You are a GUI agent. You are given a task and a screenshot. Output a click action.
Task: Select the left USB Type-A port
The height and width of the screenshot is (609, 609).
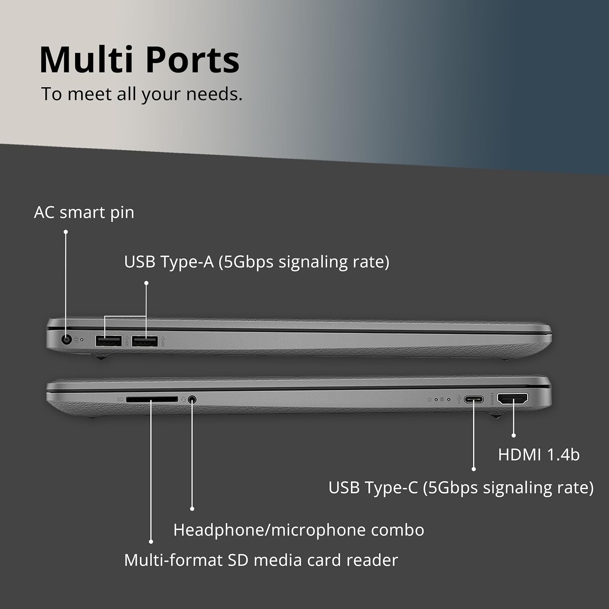(x=108, y=341)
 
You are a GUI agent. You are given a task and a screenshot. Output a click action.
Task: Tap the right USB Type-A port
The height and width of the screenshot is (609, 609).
(x=145, y=341)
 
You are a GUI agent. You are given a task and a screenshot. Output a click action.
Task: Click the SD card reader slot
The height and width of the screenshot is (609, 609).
(x=152, y=400)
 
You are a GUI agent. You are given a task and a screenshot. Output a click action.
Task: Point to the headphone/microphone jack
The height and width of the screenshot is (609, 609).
(x=192, y=400)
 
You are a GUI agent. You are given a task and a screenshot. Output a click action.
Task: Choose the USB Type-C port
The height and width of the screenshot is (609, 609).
(x=474, y=400)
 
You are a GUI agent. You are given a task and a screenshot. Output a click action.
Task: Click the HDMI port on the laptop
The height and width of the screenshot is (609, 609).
(x=513, y=399)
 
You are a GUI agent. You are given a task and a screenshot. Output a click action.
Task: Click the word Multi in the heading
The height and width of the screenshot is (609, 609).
(x=86, y=60)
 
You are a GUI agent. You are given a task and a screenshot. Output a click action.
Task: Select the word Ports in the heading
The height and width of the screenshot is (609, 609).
(x=192, y=60)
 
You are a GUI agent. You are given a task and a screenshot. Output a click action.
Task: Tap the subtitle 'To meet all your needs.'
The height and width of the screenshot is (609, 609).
(x=142, y=94)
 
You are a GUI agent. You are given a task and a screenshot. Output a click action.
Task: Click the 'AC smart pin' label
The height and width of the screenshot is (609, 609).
(x=84, y=212)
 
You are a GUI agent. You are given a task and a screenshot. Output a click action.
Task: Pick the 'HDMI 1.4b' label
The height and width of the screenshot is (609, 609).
(x=539, y=455)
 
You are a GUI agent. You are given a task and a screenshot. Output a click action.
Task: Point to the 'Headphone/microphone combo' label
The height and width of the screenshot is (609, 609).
(x=299, y=530)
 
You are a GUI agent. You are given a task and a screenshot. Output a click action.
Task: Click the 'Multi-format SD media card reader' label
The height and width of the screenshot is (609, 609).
(x=261, y=560)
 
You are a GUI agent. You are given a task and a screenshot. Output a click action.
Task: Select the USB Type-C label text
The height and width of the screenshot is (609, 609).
(x=461, y=488)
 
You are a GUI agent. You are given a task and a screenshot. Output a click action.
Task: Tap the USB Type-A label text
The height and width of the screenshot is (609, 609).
(x=257, y=262)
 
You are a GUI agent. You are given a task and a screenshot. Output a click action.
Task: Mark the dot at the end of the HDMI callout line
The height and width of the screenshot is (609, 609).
(x=514, y=435)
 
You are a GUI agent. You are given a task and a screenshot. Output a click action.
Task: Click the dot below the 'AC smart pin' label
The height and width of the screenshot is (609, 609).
(x=66, y=232)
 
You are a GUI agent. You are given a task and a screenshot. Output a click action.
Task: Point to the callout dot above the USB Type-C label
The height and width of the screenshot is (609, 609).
(x=474, y=469)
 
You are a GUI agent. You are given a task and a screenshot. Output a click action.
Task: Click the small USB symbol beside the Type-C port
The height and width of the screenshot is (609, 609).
(x=459, y=400)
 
